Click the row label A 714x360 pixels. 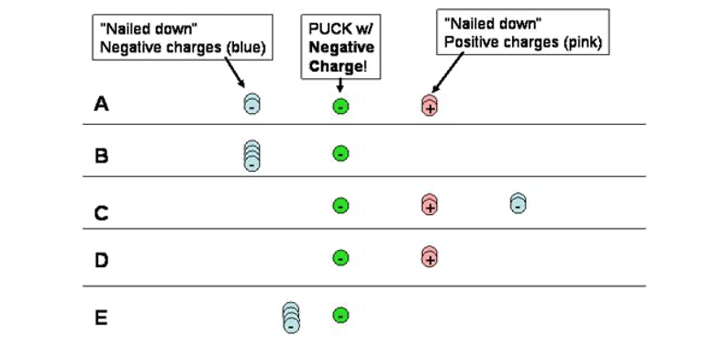click(x=102, y=104)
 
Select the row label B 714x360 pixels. click(x=102, y=155)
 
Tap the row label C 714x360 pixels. click(x=102, y=213)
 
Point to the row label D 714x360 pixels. click(x=102, y=260)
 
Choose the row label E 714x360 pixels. click(x=102, y=319)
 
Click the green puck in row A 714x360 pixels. click(x=340, y=107)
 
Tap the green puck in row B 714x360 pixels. click(x=340, y=153)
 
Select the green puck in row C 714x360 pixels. click(x=340, y=206)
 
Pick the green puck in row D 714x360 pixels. click(x=340, y=258)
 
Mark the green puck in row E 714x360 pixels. click(x=340, y=315)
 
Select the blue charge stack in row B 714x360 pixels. click(x=251, y=155)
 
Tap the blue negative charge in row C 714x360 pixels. click(x=518, y=203)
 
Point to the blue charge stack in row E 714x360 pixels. click(x=291, y=317)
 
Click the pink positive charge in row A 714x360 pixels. click(x=429, y=105)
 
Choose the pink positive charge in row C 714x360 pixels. click(x=429, y=205)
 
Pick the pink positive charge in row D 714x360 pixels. click(x=429, y=256)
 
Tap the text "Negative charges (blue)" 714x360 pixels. click(x=180, y=48)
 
